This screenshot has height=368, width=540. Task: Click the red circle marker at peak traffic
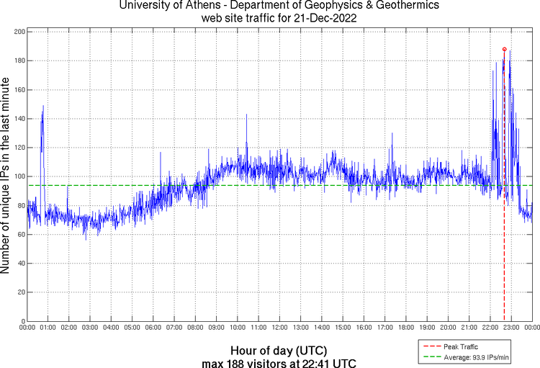[x=504, y=49]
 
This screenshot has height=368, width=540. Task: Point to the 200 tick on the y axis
[x=19, y=32]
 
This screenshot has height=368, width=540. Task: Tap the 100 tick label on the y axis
[x=19, y=176]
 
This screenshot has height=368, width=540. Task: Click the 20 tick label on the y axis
[x=21, y=292]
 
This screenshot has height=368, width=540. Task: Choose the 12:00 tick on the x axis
[x=279, y=328]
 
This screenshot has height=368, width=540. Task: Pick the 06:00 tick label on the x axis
[x=153, y=328]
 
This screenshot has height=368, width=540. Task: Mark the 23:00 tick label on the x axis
[x=511, y=328]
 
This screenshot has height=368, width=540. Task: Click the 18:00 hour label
[x=406, y=328]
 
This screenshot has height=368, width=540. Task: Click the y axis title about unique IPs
[x=7, y=176]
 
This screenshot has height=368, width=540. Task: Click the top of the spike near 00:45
[x=43, y=106]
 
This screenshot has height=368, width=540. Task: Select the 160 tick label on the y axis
[x=19, y=90]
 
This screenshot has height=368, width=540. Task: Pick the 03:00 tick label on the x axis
[x=90, y=328]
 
